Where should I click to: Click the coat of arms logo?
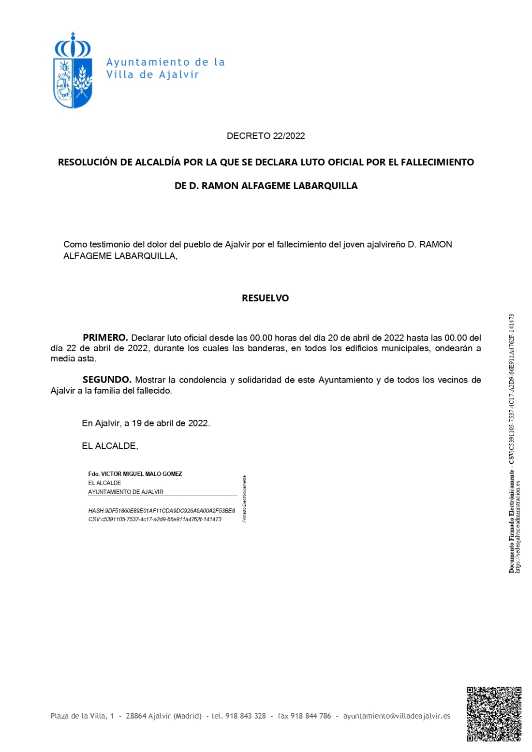click(73, 71)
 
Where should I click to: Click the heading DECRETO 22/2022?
click(266, 136)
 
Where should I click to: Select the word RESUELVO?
click(265, 298)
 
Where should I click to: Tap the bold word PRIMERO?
click(105, 338)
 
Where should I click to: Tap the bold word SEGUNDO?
click(107, 380)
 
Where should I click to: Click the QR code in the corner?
click(494, 713)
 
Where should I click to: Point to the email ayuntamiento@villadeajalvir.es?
click(397, 716)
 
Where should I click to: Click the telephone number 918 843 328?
click(246, 716)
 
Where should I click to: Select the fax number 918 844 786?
click(311, 716)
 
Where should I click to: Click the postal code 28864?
click(136, 716)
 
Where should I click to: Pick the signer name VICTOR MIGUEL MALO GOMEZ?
click(141, 474)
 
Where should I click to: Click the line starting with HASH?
click(162, 511)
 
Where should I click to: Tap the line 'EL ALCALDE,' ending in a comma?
click(110, 446)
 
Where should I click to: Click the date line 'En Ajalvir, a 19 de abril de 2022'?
click(146, 423)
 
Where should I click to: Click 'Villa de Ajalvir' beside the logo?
click(152, 74)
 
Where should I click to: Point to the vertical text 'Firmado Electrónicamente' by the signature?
click(244, 499)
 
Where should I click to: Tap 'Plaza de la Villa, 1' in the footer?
click(82, 716)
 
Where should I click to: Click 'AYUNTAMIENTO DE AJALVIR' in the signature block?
click(126, 492)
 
